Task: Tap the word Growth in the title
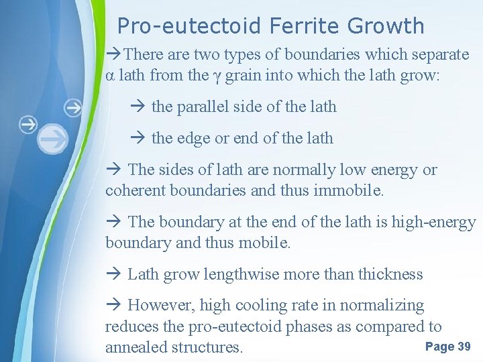click(x=386, y=26)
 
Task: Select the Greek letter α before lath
click(x=110, y=76)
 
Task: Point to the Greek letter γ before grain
click(x=216, y=76)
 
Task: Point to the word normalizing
click(x=382, y=306)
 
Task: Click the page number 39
click(x=464, y=347)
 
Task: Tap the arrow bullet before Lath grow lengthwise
click(x=112, y=274)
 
